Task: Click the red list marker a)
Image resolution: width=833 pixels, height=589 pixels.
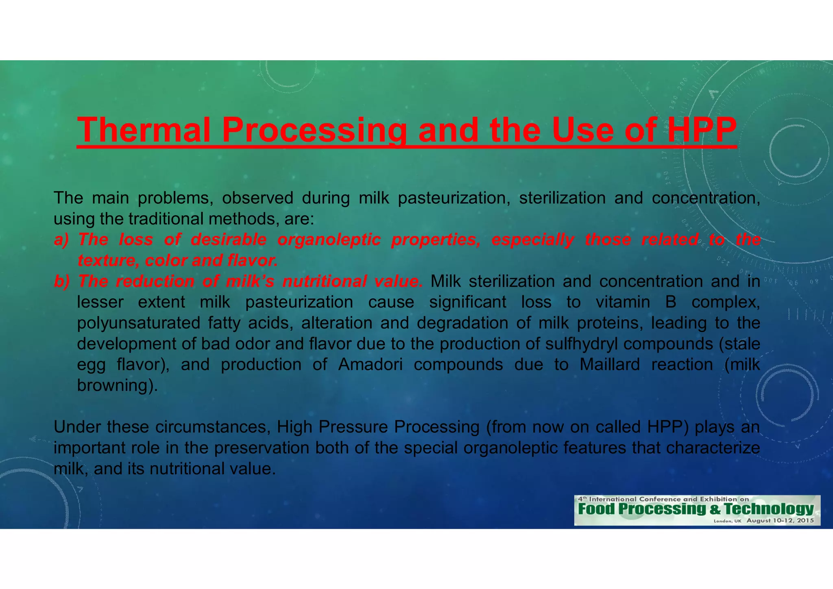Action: click(x=62, y=240)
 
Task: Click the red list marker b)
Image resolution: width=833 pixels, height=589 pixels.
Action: click(x=62, y=281)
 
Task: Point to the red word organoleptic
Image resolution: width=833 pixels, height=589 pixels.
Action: click(x=329, y=240)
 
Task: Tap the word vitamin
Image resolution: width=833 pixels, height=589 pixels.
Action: click(x=623, y=302)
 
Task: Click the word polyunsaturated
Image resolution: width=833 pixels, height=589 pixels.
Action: click(x=138, y=323)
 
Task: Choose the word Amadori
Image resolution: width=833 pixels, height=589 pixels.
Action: click(x=370, y=364)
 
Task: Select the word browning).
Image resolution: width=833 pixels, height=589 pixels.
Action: click(x=117, y=385)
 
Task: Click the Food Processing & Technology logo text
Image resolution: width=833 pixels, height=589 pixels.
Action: click(x=696, y=509)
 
